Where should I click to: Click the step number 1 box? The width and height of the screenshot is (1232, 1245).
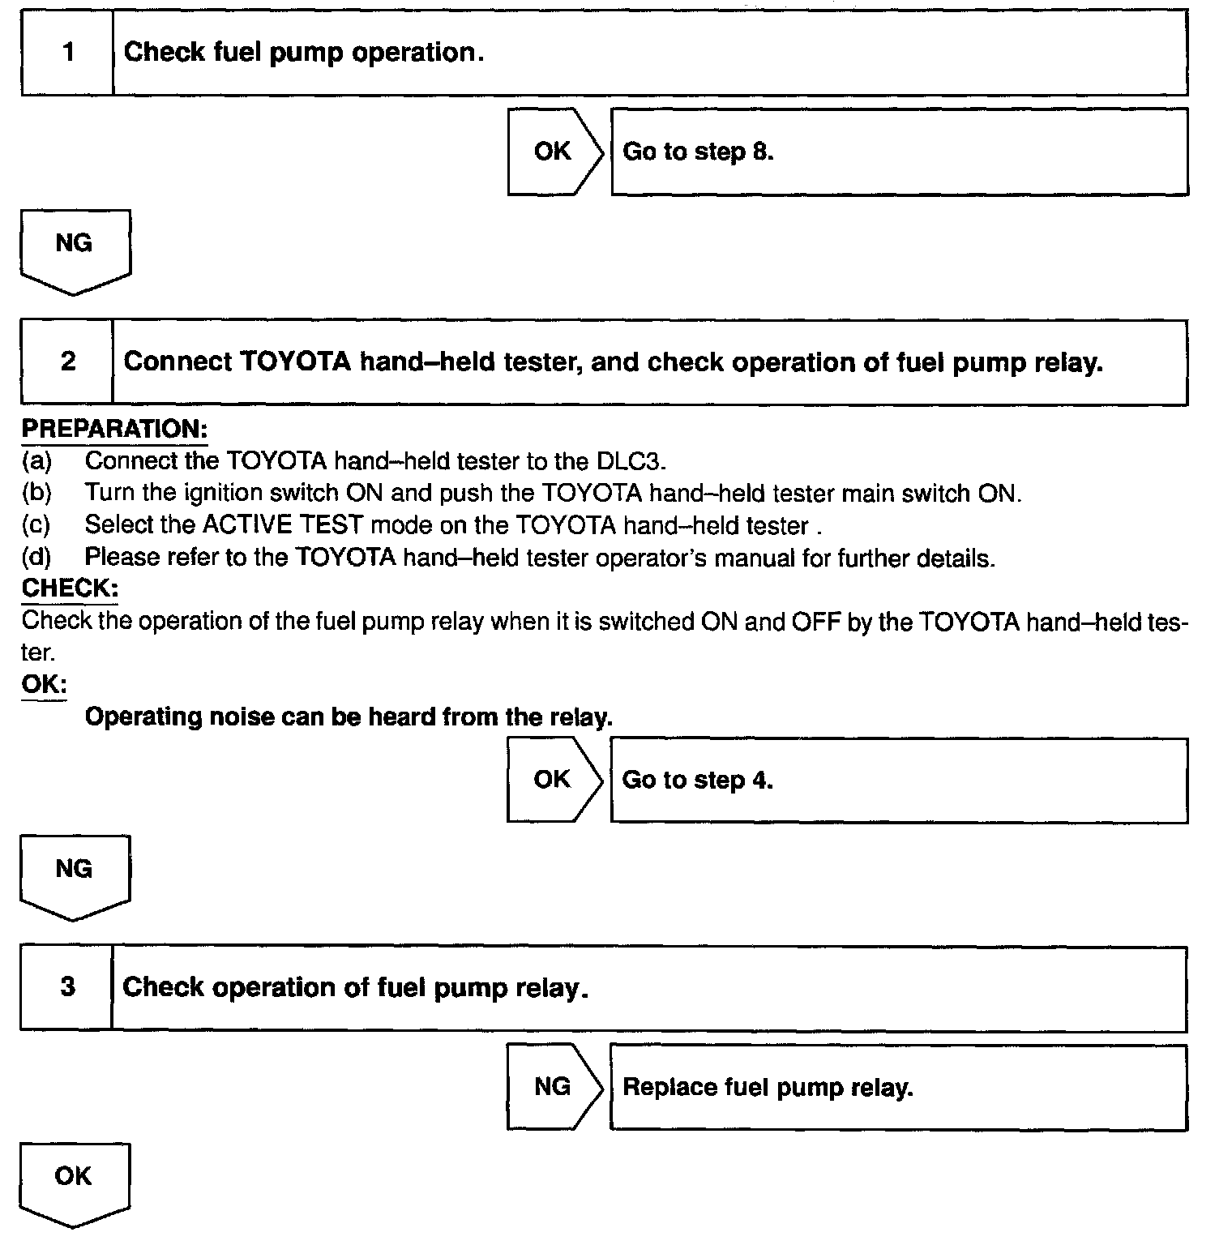(x=68, y=53)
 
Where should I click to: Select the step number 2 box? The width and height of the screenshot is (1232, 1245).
(x=68, y=362)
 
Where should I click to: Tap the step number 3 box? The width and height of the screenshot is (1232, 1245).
(x=67, y=986)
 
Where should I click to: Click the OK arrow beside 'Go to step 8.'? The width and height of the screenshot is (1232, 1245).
(x=554, y=152)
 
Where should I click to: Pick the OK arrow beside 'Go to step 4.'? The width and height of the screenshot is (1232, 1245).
(x=554, y=780)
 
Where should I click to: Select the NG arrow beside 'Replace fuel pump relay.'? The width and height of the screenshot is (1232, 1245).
(x=554, y=1087)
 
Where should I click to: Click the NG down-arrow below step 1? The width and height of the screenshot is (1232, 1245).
(x=75, y=247)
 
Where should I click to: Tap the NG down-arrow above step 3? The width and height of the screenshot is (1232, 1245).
(x=75, y=873)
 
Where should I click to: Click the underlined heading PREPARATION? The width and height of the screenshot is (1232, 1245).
(x=114, y=429)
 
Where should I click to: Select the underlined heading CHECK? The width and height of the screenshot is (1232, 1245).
(x=70, y=588)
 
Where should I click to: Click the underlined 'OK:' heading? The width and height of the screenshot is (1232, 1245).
(x=44, y=684)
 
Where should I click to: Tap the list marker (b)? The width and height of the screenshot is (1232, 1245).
(x=36, y=493)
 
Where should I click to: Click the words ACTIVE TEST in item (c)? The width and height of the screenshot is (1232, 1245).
(x=282, y=525)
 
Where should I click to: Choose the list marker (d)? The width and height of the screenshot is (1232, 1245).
(x=36, y=558)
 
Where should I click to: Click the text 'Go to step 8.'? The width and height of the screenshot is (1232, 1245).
(x=698, y=152)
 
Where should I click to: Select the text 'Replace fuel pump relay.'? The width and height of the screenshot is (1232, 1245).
(x=768, y=1087)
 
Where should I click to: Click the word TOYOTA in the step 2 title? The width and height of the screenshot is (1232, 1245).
(x=295, y=362)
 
